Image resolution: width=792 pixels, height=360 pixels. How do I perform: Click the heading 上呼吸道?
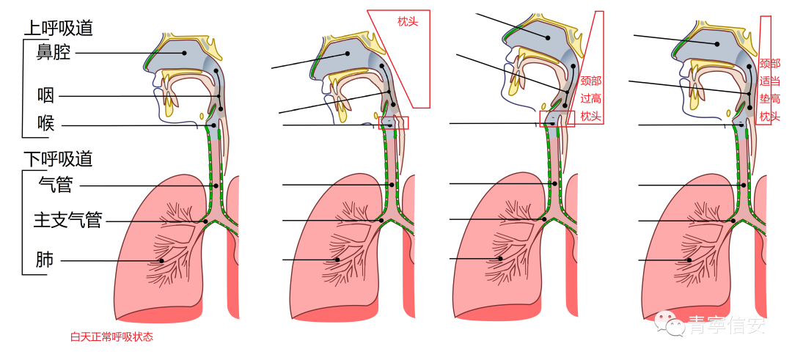tap(59, 29)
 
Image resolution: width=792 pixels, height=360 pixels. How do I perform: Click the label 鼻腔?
tap(53, 53)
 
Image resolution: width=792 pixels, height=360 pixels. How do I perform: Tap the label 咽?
tap(45, 95)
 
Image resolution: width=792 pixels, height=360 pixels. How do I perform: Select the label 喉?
tap(45, 124)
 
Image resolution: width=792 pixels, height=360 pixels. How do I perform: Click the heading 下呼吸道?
tap(59, 158)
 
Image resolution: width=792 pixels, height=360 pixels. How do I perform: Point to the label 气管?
tap(55, 185)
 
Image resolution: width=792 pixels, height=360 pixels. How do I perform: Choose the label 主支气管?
tap(67, 220)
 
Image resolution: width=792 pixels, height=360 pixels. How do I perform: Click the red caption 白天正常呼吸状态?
tap(111, 337)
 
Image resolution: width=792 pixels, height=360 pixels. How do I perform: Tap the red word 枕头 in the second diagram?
tap(408, 22)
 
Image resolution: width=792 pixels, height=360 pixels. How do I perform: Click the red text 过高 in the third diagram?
tap(590, 98)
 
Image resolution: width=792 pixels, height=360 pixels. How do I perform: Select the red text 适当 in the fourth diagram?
tap(769, 81)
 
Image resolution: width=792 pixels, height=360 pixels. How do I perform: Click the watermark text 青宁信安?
tap(725, 325)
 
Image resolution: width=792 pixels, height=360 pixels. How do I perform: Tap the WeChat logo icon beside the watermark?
tap(668, 322)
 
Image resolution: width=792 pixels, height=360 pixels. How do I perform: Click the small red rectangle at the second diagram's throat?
tap(394, 122)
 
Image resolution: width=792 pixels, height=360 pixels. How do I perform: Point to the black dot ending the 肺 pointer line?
tap(161, 260)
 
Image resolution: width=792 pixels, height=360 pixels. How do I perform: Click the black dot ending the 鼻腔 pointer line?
tap(185, 53)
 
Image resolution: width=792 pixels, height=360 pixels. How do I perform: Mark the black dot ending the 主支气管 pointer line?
tap(205, 221)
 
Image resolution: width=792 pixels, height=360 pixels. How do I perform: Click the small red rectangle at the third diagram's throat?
tap(557, 119)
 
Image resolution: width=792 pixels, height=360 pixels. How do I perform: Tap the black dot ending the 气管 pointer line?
tap(215, 185)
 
